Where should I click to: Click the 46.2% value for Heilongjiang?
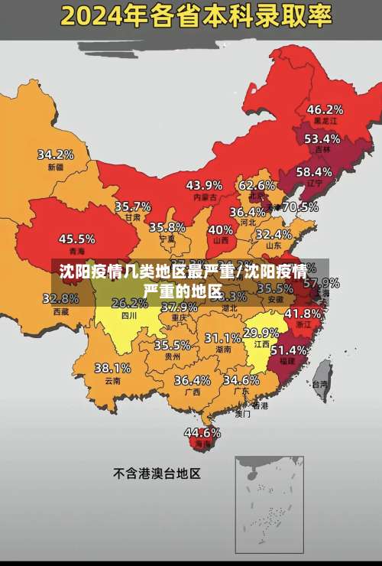click(x=325, y=109)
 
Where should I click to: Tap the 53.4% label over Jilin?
click(x=322, y=138)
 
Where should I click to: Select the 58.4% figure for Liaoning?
click(x=314, y=171)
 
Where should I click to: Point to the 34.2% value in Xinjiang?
click(x=56, y=154)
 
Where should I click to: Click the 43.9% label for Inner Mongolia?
click(x=204, y=184)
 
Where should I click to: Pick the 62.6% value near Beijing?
click(x=257, y=185)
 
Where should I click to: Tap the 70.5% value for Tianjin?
click(x=300, y=207)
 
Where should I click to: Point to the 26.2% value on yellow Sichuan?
click(x=130, y=303)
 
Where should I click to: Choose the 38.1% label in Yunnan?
click(x=112, y=368)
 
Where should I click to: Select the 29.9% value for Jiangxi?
click(x=261, y=333)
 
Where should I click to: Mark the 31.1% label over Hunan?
click(x=222, y=337)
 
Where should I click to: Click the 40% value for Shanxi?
click(x=221, y=229)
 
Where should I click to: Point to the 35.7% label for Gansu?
click(x=133, y=206)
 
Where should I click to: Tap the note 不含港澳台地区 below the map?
click(x=157, y=473)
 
